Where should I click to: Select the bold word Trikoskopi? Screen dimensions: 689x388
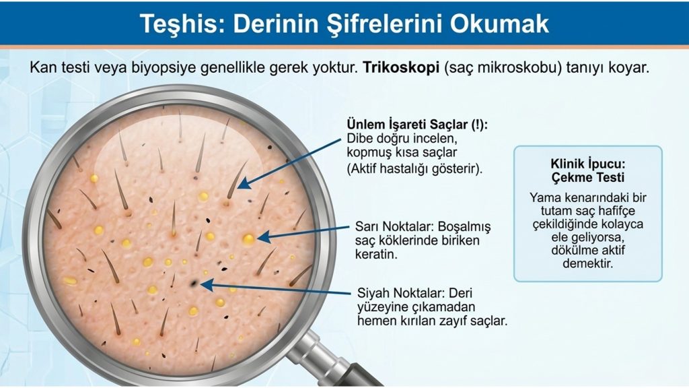click(x=401, y=68)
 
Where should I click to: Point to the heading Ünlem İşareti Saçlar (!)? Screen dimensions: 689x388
click(x=417, y=124)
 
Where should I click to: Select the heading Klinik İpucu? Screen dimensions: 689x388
click(x=587, y=164)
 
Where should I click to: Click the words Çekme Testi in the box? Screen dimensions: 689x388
click(x=587, y=178)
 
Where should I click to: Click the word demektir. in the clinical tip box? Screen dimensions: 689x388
click(x=587, y=263)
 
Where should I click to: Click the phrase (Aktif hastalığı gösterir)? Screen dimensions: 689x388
click(x=414, y=168)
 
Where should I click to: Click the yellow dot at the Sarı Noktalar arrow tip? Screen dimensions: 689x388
click(x=249, y=239)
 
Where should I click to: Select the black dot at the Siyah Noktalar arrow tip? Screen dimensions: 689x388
click(x=194, y=284)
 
